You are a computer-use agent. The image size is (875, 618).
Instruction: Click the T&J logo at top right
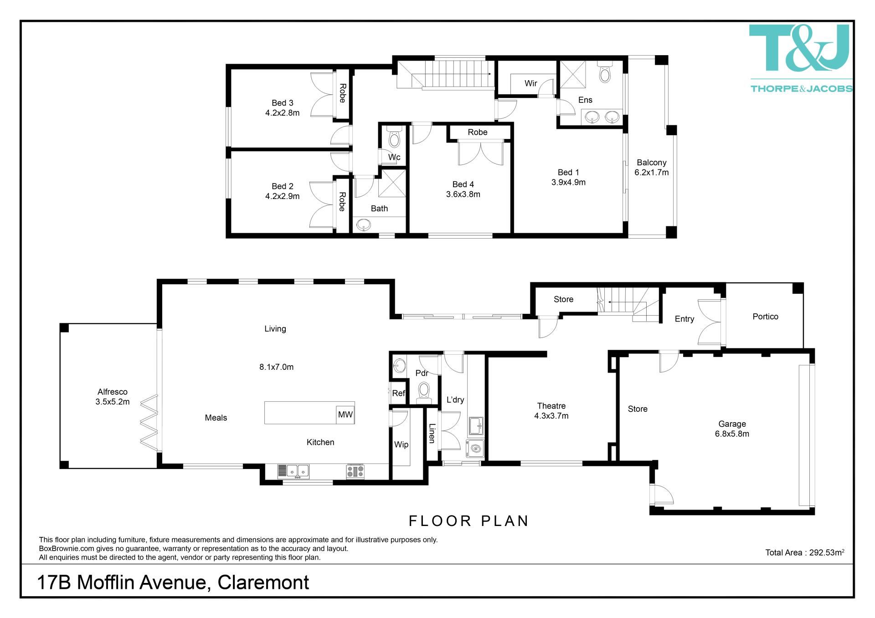pos(801,58)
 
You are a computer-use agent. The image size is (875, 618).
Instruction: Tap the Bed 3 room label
pos(283,103)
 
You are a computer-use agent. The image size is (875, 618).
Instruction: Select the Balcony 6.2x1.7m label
pos(652,168)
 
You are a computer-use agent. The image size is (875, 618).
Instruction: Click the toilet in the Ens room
pos(605,73)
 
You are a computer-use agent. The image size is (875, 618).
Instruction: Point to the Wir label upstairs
pos(531,83)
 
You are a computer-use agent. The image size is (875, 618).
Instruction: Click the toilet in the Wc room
pos(394,137)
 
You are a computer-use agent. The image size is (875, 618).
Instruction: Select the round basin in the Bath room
pos(364,225)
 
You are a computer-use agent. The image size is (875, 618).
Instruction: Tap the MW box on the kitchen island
pos(345,414)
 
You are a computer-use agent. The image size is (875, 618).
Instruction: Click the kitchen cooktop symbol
pos(355,471)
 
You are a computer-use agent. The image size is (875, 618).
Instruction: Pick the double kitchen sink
pos(293,471)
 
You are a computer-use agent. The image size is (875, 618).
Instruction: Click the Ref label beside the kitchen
pos(398,393)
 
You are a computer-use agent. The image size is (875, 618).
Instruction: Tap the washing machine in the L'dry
pos(475,449)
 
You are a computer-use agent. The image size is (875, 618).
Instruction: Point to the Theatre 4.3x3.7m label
pos(551,411)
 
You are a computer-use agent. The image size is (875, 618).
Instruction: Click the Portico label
pos(765,317)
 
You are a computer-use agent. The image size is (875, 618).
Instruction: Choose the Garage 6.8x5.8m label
pos(732,429)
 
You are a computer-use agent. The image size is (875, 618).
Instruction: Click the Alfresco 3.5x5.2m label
pos(113,397)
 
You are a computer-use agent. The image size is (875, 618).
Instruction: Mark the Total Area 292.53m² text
pos(805,552)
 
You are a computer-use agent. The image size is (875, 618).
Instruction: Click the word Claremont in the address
pos(263,582)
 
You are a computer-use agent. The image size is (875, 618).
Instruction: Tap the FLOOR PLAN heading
pos(468,521)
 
